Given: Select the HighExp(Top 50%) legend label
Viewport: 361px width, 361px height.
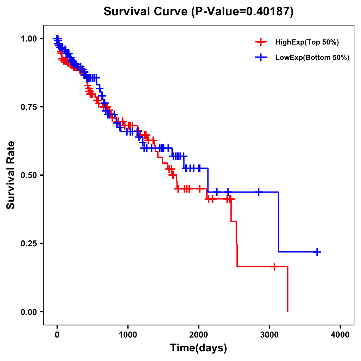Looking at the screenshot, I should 307,42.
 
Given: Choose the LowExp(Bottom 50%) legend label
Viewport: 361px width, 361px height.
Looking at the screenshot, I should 312,58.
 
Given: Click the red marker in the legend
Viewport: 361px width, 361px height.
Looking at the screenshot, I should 261,42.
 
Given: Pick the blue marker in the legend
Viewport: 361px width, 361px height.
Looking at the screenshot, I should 261,57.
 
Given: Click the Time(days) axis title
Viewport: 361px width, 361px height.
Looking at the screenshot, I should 199,348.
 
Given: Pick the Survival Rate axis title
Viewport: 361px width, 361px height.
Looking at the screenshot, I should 11,175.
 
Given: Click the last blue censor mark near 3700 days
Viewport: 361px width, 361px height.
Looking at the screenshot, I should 317,252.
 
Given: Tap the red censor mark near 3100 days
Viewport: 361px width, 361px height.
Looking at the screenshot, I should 274,267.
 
